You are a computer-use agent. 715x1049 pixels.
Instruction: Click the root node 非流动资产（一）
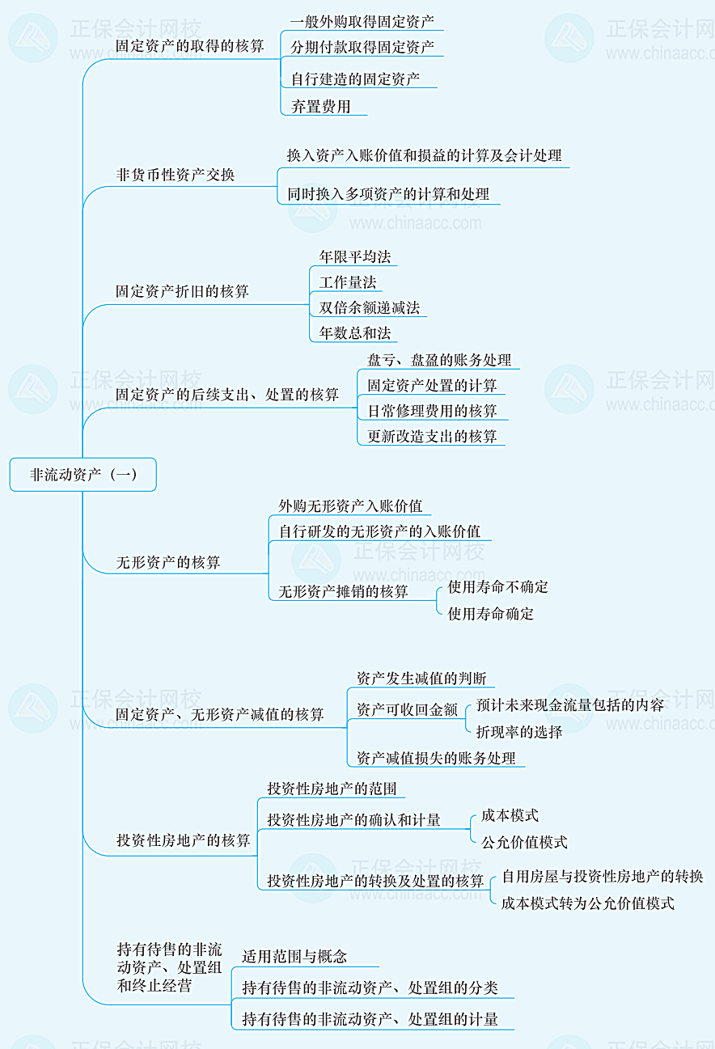click(82, 475)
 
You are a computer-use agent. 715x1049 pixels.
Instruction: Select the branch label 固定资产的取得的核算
click(190, 46)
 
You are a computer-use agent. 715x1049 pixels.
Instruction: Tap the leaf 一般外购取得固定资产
click(362, 21)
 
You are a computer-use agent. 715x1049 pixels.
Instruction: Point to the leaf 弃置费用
click(321, 106)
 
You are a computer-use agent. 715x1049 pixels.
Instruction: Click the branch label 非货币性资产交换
click(176, 175)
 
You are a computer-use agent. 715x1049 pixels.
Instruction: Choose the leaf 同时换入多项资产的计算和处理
click(388, 194)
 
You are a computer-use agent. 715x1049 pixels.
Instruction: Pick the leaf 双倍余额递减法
click(369, 307)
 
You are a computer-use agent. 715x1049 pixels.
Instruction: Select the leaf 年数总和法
click(354, 332)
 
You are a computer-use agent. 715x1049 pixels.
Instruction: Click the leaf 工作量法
click(348, 282)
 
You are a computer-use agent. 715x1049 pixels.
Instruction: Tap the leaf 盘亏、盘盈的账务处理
click(439, 360)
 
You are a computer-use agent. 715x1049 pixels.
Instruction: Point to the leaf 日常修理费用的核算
click(433, 411)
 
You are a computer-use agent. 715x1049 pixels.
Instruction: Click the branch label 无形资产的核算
click(168, 562)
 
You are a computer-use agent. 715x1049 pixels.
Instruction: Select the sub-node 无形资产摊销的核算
click(344, 591)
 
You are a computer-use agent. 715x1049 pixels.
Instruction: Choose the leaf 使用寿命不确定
click(498, 587)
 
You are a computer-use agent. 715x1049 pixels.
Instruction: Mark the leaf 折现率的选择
click(519, 732)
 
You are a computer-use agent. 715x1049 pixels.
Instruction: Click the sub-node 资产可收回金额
click(407, 709)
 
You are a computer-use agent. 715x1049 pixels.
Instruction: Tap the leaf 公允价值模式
click(524, 842)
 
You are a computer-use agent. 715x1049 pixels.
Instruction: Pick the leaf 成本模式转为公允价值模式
click(588, 903)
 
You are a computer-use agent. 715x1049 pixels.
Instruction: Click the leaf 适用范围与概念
click(294, 957)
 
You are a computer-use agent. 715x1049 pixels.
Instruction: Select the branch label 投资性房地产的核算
click(184, 840)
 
